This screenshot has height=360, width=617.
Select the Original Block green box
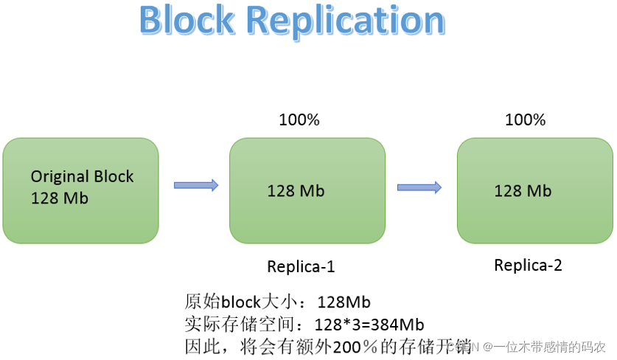81,190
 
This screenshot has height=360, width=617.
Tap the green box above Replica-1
307,190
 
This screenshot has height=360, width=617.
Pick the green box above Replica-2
534,190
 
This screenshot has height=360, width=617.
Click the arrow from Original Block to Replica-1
196,185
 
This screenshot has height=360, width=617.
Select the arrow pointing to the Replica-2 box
419,187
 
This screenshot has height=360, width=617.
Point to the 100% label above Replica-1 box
299,120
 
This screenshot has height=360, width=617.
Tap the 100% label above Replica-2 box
526,120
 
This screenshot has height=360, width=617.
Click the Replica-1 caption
301,267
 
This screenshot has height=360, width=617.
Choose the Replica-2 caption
528,266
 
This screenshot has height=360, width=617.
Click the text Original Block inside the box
83,177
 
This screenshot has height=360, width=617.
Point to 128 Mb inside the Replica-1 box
296,191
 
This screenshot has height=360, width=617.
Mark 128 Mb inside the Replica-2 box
523,191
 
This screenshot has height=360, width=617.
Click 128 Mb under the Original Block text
60,198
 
